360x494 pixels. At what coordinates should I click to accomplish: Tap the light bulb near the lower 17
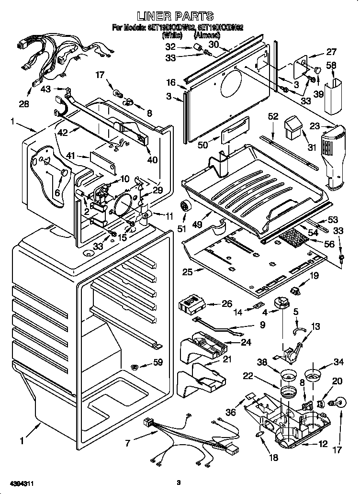[337, 404]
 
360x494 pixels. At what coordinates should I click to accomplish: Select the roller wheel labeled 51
[185, 207]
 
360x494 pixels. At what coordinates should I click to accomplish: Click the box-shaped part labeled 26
[192, 303]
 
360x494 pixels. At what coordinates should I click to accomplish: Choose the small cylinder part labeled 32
[196, 46]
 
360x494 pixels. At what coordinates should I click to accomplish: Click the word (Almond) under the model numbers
[208, 35]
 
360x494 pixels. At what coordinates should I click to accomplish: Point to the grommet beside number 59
[136, 367]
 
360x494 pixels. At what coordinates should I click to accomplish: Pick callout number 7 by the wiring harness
[127, 443]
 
